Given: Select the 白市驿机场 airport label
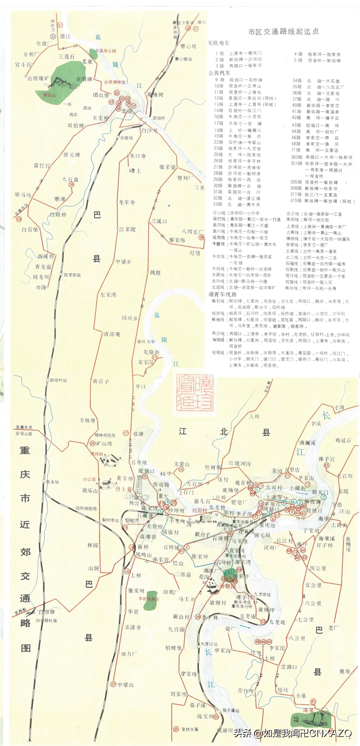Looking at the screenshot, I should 46,621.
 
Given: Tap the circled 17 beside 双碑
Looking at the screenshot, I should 126,433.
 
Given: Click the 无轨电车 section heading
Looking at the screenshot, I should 219,43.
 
